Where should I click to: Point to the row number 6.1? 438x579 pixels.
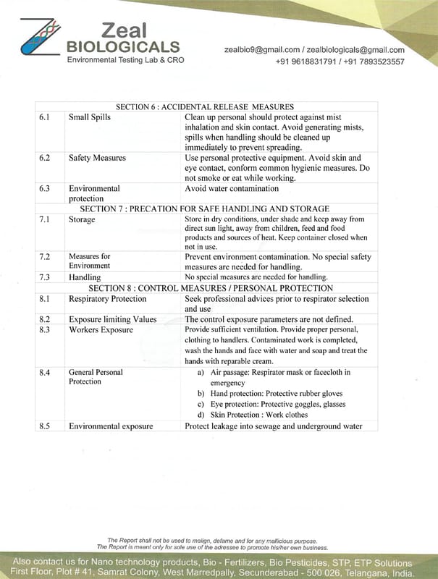click(43, 117)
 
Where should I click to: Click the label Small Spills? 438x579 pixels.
click(90, 117)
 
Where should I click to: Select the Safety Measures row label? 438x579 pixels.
click(97, 158)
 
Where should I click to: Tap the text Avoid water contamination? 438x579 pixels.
click(232, 189)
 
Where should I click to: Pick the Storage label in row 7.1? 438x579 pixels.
click(82, 219)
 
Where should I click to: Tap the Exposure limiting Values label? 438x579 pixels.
click(112, 319)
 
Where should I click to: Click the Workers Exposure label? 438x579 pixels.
click(101, 330)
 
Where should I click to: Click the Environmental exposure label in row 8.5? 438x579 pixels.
click(111, 426)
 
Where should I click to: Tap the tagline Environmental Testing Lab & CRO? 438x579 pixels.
click(125, 59)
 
